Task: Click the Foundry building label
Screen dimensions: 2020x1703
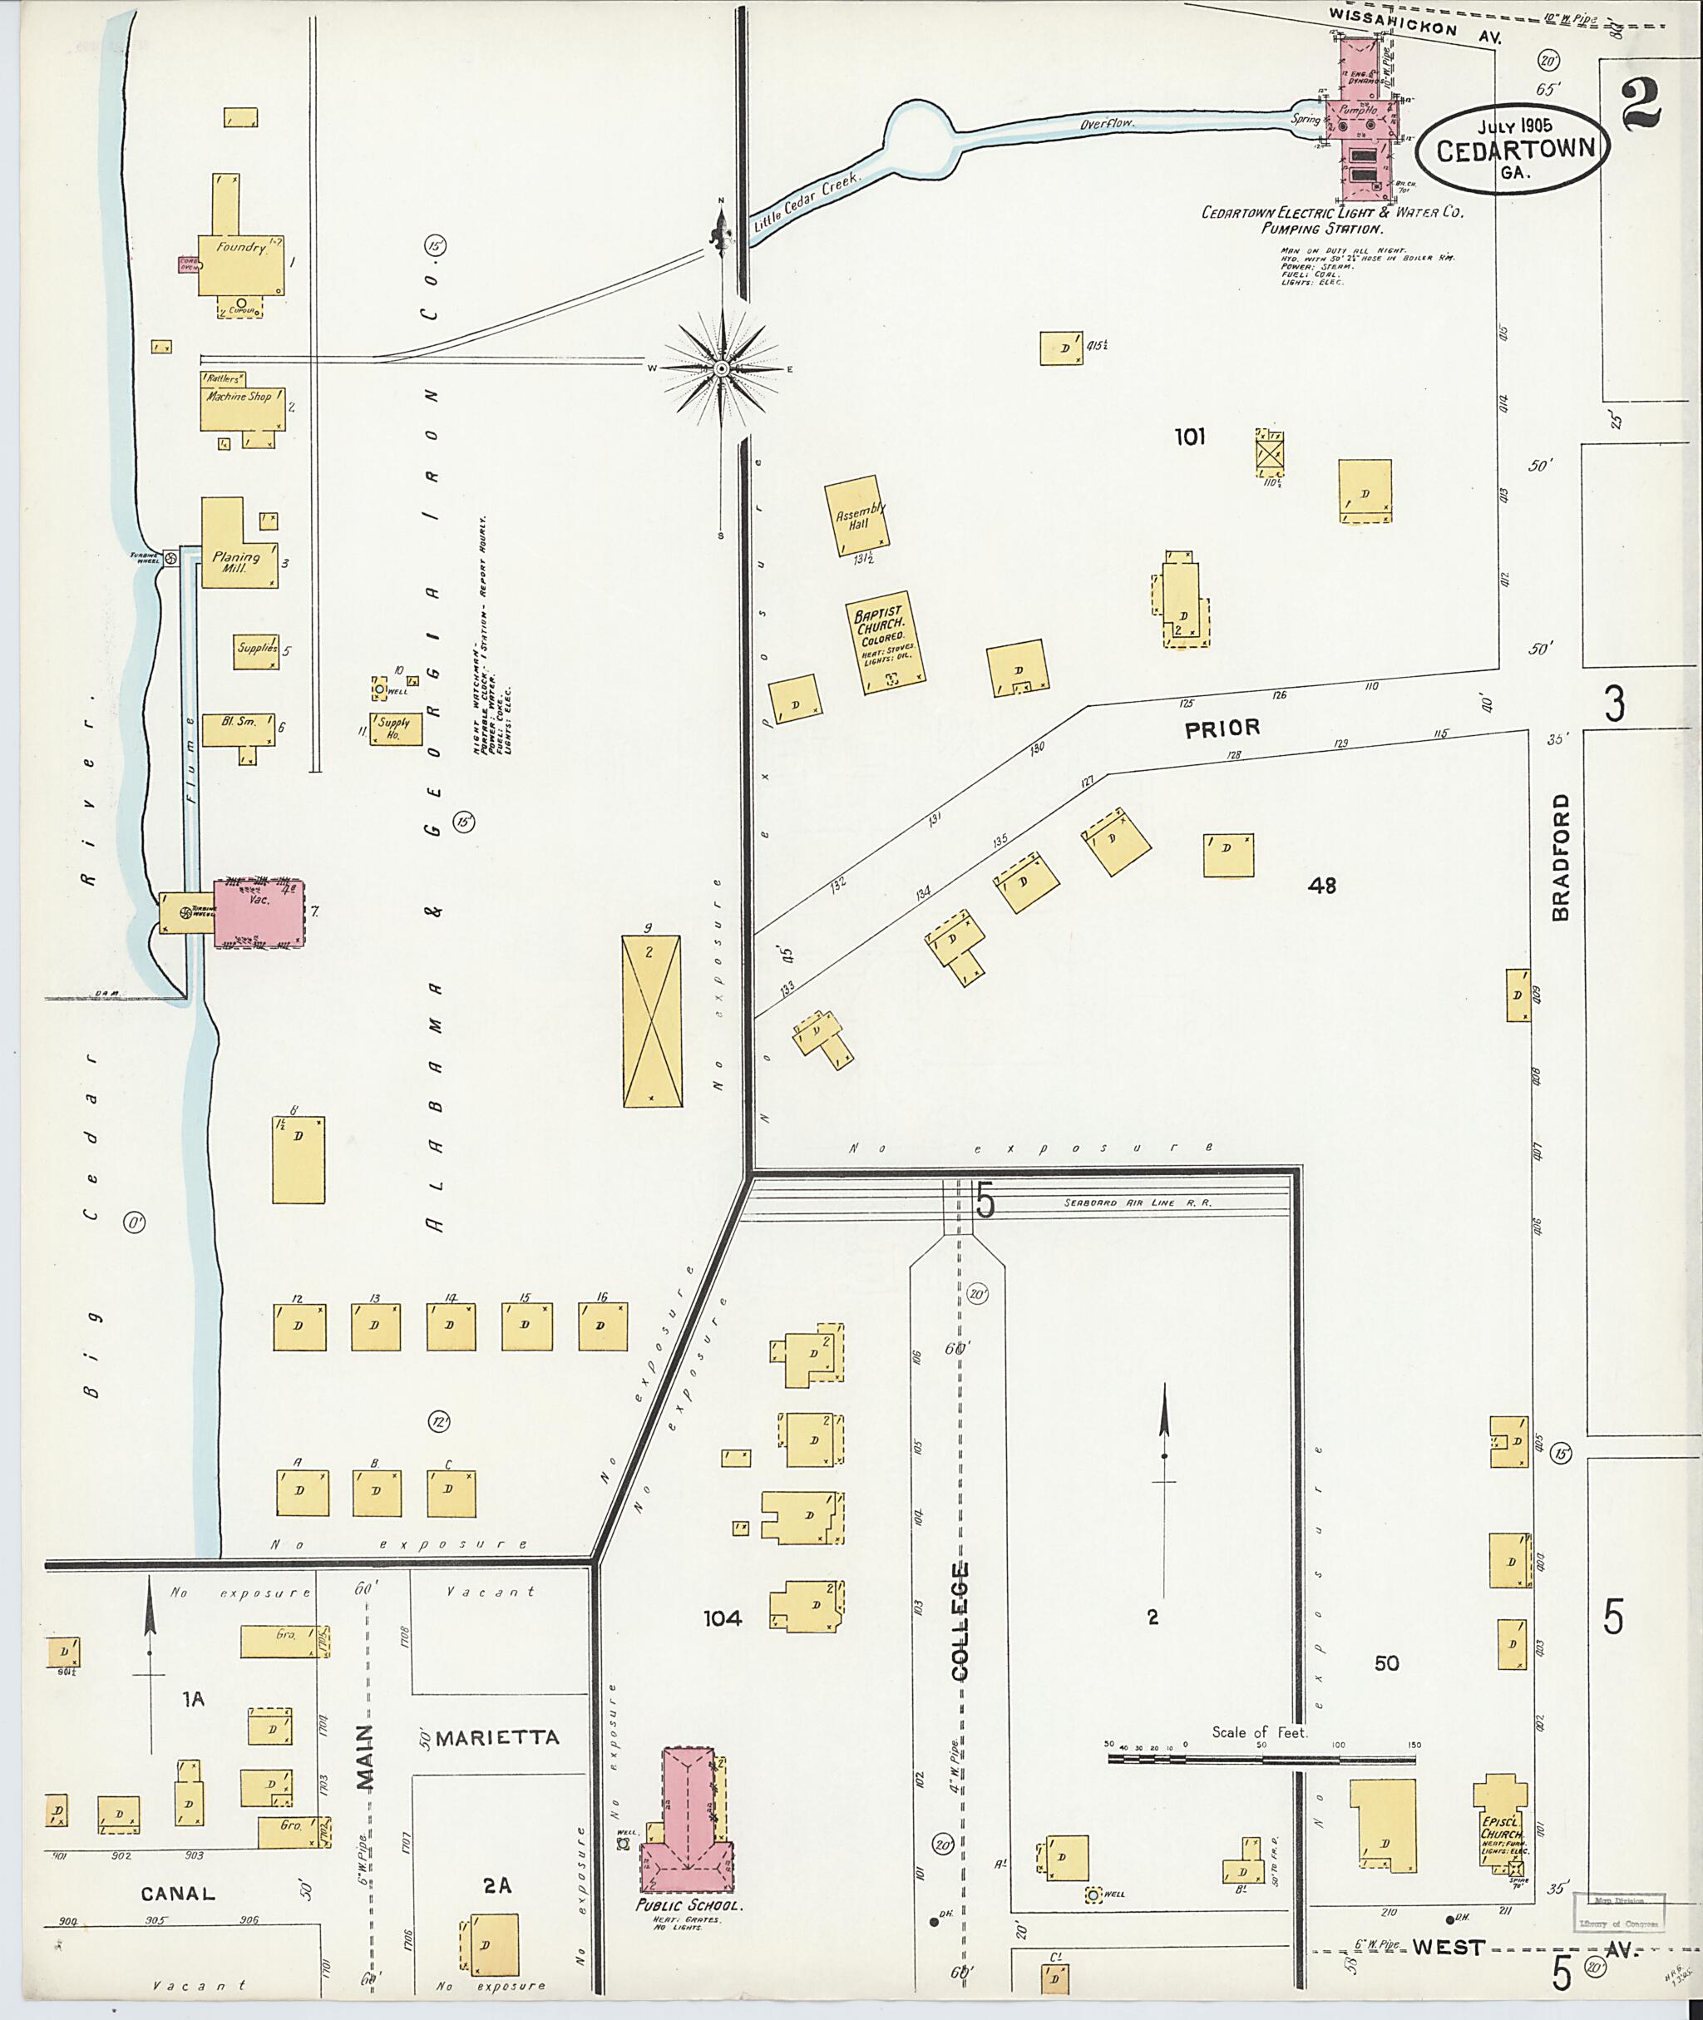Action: pos(239,247)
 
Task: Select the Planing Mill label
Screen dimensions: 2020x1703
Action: pos(235,563)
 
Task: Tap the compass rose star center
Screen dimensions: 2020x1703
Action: pos(722,370)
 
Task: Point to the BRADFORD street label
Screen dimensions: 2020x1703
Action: pos(1561,857)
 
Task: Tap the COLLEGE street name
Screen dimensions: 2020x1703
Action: pos(960,1622)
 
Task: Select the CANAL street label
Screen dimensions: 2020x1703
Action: pos(178,1894)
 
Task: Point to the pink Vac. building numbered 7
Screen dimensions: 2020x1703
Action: pos(259,911)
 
